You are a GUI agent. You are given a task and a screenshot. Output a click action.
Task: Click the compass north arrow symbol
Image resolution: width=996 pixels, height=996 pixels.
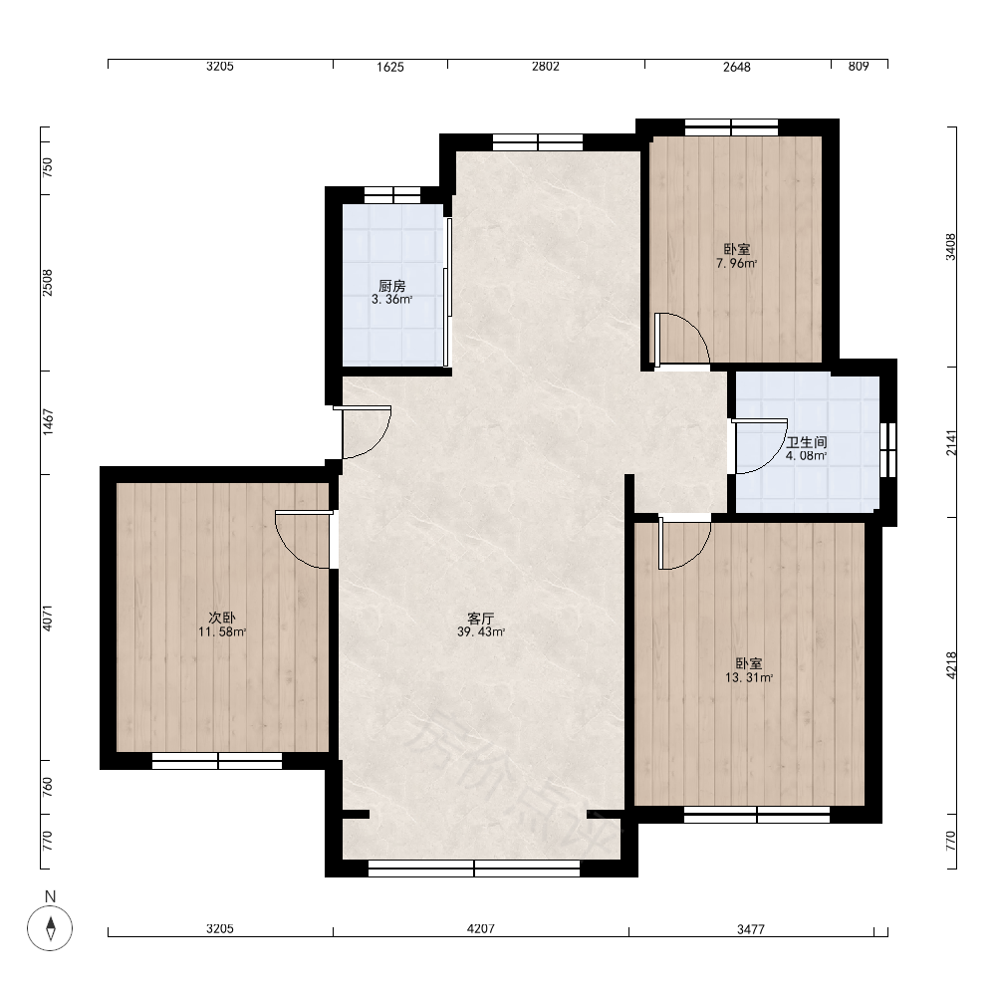pos(50,928)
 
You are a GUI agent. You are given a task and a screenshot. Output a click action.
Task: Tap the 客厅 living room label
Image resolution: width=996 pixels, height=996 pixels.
pos(481,619)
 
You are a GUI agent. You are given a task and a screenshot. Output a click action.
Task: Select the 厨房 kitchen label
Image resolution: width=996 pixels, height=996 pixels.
pos(391,286)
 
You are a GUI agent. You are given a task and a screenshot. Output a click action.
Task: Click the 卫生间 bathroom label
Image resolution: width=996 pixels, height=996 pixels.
pos(807,442)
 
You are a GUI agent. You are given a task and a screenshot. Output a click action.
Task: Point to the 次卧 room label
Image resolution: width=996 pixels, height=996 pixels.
pos(222,618)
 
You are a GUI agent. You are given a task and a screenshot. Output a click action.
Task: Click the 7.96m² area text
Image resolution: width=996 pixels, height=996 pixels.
pos(737,263)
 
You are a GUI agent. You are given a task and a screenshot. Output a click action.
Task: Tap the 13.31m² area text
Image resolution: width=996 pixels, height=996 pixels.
pos(749,677)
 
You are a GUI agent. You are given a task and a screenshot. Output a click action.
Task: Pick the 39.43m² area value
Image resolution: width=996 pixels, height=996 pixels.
pos(481,632)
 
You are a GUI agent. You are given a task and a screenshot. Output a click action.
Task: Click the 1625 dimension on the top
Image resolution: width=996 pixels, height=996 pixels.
pos(390,67)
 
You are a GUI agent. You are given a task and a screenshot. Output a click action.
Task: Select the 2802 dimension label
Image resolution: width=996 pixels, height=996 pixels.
pos(546,66)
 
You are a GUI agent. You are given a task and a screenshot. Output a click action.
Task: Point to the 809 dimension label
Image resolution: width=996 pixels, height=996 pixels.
pos(859,66)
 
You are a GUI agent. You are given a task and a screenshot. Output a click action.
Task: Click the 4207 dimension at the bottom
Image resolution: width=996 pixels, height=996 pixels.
pos(481,928)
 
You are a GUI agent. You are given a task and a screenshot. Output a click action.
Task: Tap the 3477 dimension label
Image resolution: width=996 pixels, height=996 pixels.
pos(751,929)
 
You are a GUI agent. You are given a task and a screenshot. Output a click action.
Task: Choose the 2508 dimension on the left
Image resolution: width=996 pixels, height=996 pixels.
pos(48,283)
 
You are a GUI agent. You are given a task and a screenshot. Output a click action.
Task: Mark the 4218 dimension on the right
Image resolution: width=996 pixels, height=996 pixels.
pos(951,665)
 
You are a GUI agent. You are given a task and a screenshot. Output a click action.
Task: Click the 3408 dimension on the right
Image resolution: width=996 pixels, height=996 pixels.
pos(950,247)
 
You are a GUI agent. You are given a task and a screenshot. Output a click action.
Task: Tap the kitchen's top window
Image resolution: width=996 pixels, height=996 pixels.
pos(391,195)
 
